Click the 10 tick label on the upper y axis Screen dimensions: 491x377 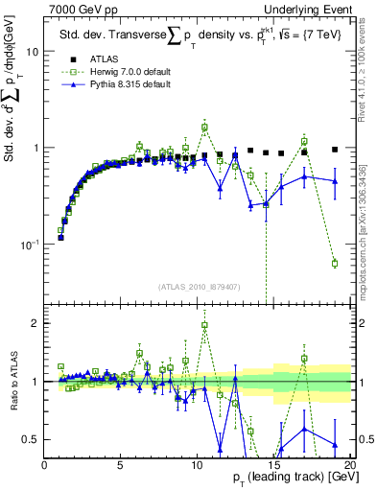click(x=32, y=52)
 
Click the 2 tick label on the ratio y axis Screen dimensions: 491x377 click(x=35, y=323)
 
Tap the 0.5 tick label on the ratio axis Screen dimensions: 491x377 click(x=31, y=440)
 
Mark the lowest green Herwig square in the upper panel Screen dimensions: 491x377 click(x=335, y=263)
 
